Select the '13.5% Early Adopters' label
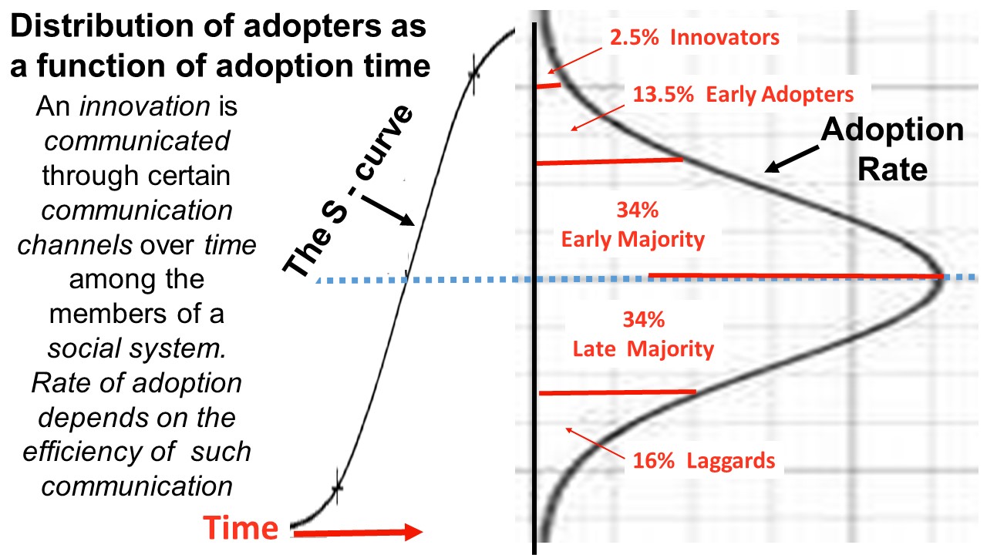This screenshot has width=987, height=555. tap(743, 95)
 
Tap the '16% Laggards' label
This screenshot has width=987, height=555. tap(703, 461)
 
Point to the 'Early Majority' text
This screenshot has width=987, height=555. tap(632, 240)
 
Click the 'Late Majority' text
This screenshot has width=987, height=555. tap(643, 349)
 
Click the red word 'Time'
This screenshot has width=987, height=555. tap(241, 528)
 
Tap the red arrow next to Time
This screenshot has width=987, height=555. tap(358, 532)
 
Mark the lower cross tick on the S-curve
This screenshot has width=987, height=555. tap(336, 488)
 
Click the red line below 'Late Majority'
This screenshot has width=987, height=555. tap(617, 392)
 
